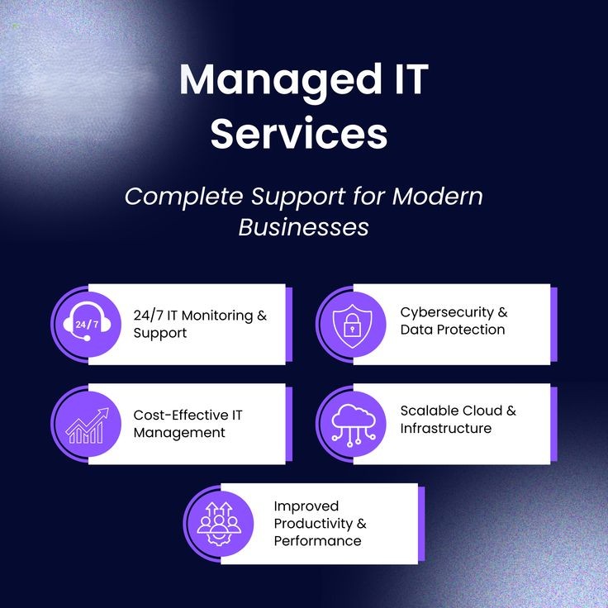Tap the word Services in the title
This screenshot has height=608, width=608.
pyautogui.click(x=299, y=133)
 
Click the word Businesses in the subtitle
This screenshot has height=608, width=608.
pyautogui.click(x=304, y=227)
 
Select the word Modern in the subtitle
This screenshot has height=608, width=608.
pyautogui.click(x=438, y=196)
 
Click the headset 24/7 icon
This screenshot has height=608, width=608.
pyautogui.click(x=87, y=322)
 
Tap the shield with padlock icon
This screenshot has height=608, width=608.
pyautogui.click(x=352, y=325)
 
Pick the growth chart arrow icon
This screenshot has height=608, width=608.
pyautogui.click(x=88, y=425)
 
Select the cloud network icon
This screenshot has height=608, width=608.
pyautogui.click(x=354, y=425)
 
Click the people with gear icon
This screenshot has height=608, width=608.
pyautogui.click(x=219, y=524)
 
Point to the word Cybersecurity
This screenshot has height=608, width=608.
pyautogui.click(x=447, y=312)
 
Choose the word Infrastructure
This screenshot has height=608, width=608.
pyautogui.click(x=446, y=428)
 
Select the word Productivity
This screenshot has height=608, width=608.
pyautogui.click(x=313, y=524)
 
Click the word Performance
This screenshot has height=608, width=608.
pyautogui.click(x=317, y=541)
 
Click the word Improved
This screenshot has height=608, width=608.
pyautogui.click(x=306, y=506)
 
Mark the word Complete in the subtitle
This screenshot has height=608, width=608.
pyautogui.click(x=183, y=197)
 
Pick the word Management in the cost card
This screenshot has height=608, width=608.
pyautogui.click(x=179, y=433)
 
